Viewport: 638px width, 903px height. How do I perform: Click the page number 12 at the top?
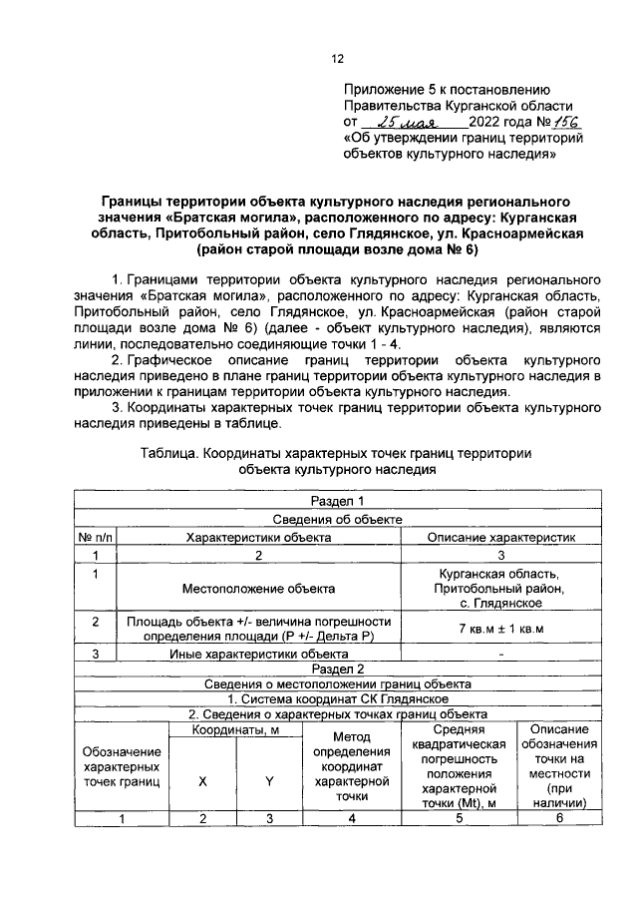pyautogui.click(x=338, y=58)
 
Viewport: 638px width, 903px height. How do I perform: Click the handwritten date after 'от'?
pyautogui.click(x=398, y=122)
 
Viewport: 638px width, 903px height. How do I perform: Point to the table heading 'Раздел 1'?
pyautogui.click(x=339, y=501)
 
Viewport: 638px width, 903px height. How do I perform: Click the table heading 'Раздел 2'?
pyautogui.click(x=339, y=669)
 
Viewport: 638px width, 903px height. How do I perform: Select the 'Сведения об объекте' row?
pyautogui.click(x=339, y=519)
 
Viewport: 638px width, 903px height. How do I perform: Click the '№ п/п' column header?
pyautogui.click(x=96, y=537)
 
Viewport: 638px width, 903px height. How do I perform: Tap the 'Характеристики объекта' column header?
pyautogui.click(x=258, y=537)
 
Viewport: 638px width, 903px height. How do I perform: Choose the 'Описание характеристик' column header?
pyautogui.click(x=501, y=537)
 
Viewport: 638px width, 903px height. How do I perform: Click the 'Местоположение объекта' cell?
pyautogui.click(x=258, y=589)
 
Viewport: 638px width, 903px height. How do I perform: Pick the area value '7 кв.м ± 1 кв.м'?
pyautogui.click(x=501, y=630)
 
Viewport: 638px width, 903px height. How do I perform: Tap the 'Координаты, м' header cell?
pyautogui.click(x=235, y=731)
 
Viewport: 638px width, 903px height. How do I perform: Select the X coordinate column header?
pyautogui.click(x=201, y=781)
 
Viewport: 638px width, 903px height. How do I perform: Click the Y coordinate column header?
pyautogui.click(x=269, y=781)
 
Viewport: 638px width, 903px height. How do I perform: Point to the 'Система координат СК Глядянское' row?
pyautogui.click(x=339, y=699)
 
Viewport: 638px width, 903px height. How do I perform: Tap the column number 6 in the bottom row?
pyautogui.click(x=559, y=819)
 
